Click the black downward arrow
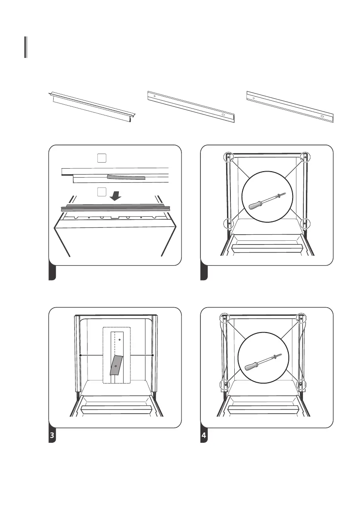pos(115,195)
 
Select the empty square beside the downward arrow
pos(101,192)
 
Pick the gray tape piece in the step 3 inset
pos(116,364)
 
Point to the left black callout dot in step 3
pos(80,355)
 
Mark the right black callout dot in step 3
pos(153,355)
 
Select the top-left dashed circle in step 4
pos(224,318)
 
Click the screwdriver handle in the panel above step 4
pos(256,203)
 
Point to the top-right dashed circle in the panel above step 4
pos(305,157)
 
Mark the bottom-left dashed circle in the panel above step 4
pos(229,223)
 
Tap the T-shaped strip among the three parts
pos(92,109)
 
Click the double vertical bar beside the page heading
pos(26,47)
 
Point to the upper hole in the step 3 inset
pos(120,339)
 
